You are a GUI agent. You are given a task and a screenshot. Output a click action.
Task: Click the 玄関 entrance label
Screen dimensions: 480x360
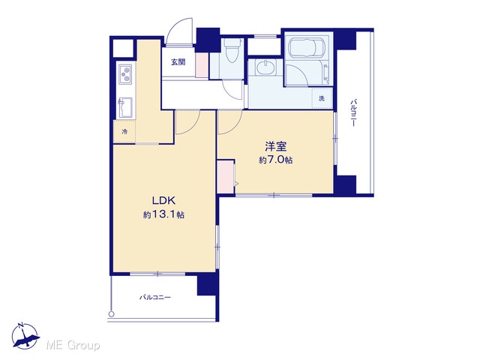click(178, 62)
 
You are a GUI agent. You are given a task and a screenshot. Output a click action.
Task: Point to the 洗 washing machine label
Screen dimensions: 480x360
click(322, 98)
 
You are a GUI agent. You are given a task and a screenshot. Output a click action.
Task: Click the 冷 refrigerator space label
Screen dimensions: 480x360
click(124, 132)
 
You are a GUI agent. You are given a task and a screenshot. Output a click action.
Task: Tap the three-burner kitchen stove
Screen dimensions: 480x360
click(125, 74)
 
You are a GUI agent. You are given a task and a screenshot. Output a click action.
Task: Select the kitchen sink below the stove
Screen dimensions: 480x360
click(125, 107)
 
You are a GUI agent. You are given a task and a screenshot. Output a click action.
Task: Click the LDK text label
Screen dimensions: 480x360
click(163, 201)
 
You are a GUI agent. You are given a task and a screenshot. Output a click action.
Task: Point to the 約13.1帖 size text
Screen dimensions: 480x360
click(163, 214)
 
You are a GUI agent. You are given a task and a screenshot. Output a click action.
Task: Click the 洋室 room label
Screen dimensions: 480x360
click(276, 146)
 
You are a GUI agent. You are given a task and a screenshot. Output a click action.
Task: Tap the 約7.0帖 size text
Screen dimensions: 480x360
click(275, 160)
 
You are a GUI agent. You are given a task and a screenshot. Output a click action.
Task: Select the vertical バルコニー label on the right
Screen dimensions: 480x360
click(353, 112)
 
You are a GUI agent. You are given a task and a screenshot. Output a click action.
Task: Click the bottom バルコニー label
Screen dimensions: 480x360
click(155, 297)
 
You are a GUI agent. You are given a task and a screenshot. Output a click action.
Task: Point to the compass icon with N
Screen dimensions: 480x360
click(25, 336)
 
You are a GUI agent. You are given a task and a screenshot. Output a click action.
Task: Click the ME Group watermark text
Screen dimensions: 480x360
click(73, 345)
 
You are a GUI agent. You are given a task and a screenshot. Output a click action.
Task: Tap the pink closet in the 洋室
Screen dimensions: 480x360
click(226, 177)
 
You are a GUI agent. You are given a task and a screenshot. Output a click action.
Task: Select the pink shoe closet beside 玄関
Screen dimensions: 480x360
click(202, 65)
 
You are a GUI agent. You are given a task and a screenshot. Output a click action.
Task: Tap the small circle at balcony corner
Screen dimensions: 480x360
click(112, 313)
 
